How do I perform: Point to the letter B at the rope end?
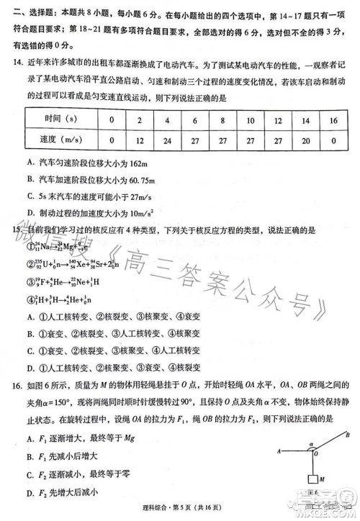(x=348, y=435)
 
